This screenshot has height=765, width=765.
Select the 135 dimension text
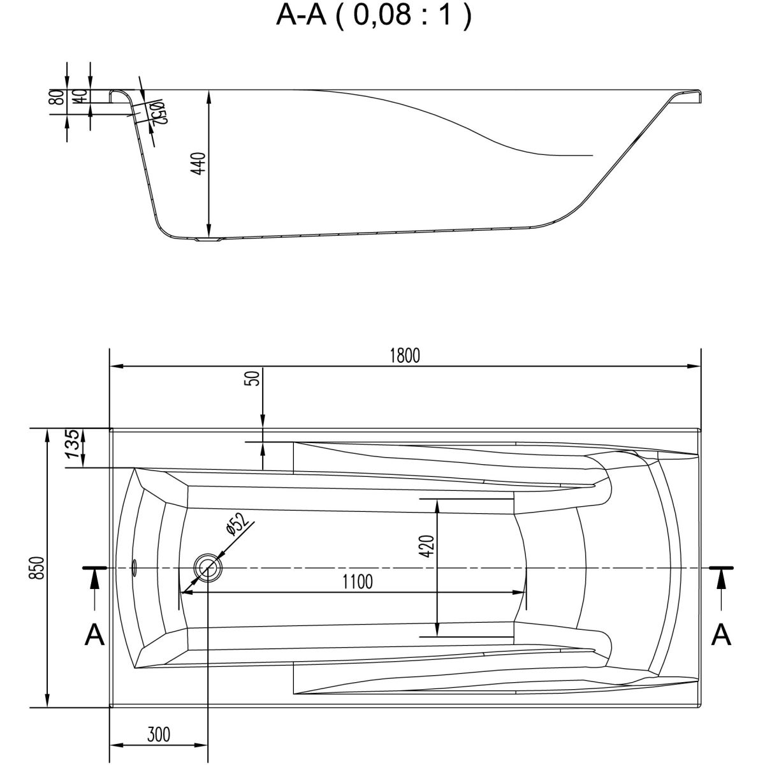pos(74,444)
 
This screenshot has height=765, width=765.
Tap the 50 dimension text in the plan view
pos(254,378)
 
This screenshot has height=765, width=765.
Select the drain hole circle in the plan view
pos(208,567)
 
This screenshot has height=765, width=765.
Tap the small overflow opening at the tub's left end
pos(135,566)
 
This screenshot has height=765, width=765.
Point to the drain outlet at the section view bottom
pos(208,240)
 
